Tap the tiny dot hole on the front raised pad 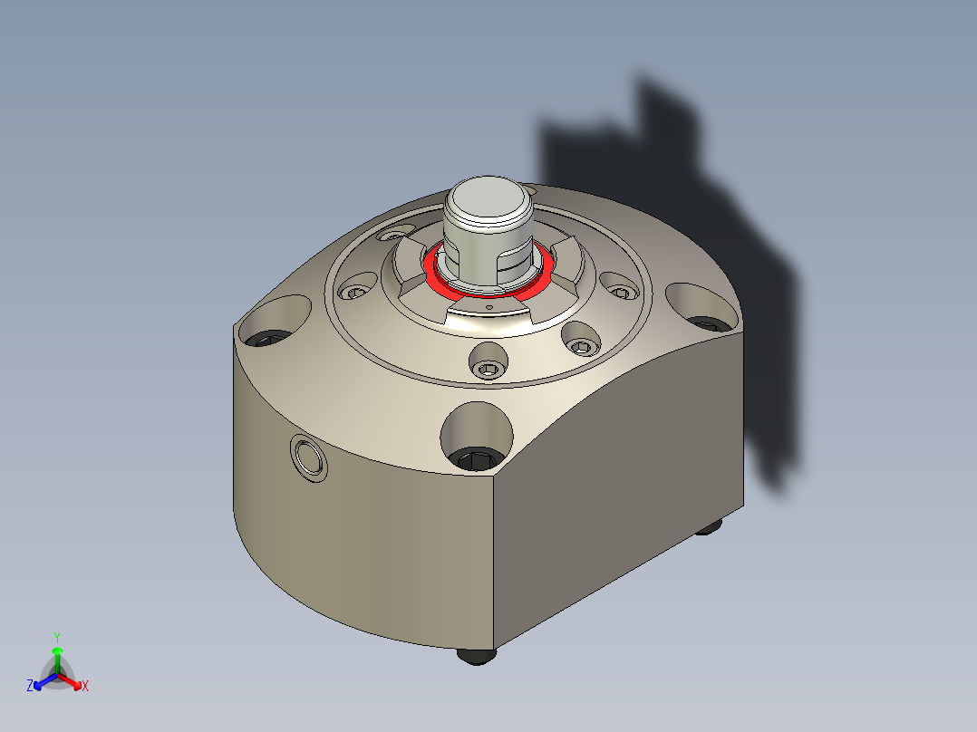(x=488, y=307)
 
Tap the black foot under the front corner (x=477, y=656)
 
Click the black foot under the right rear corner (x=710, y=526)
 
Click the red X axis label (x=85, y=687)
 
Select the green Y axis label (x=56, y=637)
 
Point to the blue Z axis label (x=30, y=687)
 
